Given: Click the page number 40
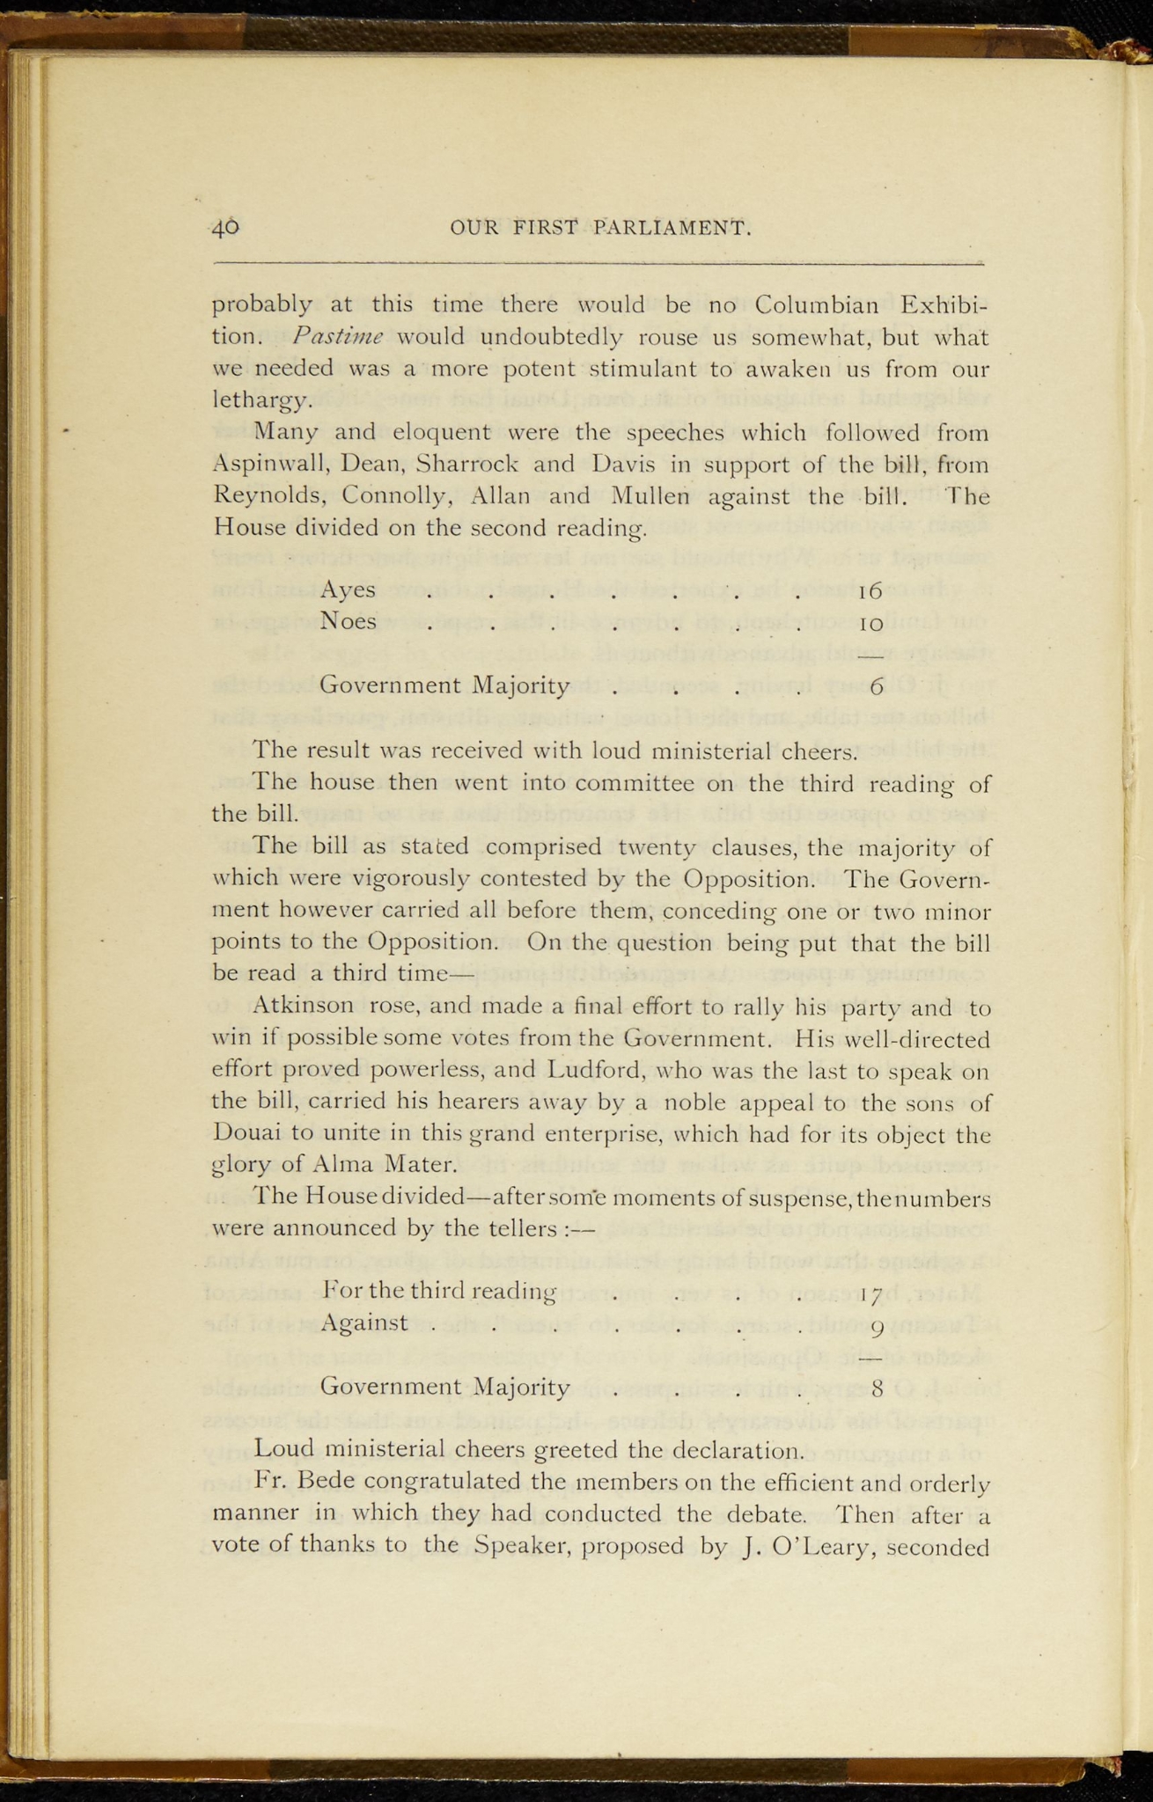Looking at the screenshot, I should click(225, 227).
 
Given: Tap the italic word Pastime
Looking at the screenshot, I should click(338, 336).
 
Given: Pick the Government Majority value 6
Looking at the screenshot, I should click(876, 686).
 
